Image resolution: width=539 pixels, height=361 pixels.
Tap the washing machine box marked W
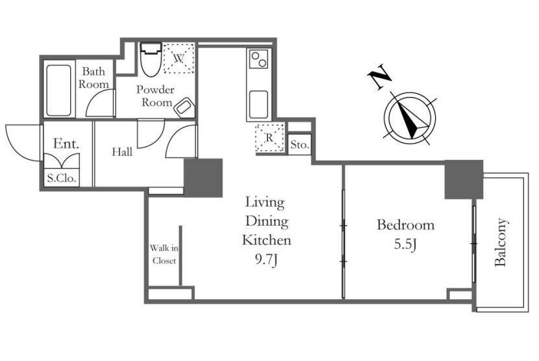click(179, 58)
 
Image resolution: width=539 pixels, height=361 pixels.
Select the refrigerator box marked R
click(269, 138)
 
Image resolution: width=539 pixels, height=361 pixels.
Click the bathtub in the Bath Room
click(59, 90)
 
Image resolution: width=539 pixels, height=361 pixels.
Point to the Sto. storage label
click(300, 144)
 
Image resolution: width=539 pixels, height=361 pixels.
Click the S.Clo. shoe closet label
click(62, 178)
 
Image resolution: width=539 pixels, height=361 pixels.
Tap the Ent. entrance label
click(66, 144)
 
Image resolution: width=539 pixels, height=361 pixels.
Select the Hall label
click(122, 152)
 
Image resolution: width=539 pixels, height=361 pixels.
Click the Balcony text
click(501, 242)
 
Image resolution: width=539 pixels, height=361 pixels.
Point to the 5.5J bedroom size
click(405, 244)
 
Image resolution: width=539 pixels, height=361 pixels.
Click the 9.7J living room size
click(266, 260)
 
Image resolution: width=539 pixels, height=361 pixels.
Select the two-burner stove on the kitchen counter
click(258, 59)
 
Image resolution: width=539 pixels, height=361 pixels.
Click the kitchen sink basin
click(258, 105)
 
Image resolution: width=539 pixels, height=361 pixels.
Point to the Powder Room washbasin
click(184, 107)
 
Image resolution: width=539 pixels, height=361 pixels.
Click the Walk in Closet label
click(164, 254)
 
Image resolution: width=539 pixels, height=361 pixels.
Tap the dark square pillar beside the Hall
click(203, 178)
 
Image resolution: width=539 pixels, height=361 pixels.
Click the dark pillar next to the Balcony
click(464, 180)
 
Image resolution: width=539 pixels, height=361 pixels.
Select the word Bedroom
click(406, 225)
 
